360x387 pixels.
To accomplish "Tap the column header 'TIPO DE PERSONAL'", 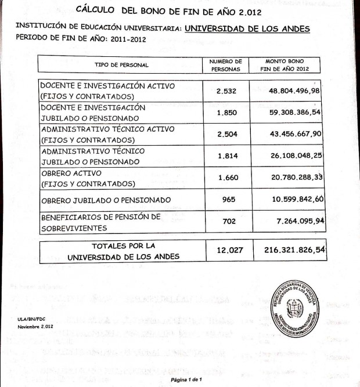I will tap(121, 64).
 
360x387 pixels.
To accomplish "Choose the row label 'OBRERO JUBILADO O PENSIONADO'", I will tap(106, 200).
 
